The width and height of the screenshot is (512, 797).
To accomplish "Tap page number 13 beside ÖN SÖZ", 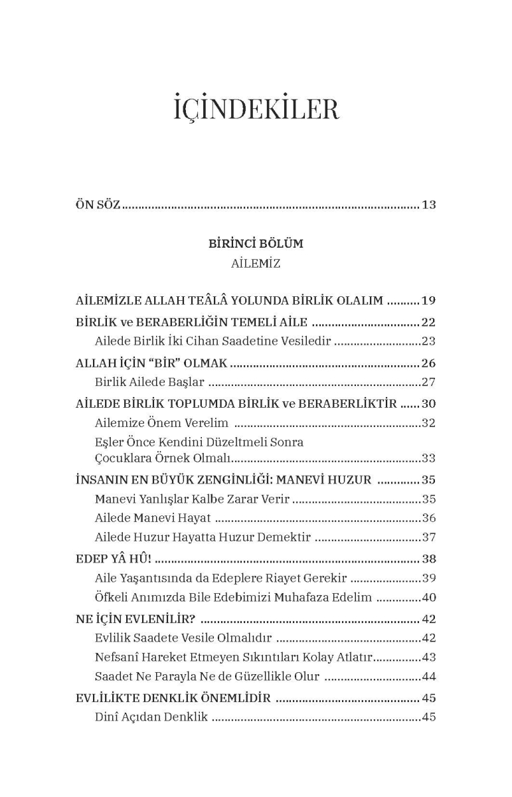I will [428, 205].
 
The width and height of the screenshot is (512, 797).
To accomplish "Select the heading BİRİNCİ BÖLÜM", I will [256, 244].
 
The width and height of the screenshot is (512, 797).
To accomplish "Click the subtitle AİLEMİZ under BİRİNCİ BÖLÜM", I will [256, 264].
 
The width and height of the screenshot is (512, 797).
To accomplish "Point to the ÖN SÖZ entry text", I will [98, 205].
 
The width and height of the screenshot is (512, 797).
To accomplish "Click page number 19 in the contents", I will [428, 301].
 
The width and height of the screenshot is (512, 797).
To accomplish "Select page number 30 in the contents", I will [428, 404].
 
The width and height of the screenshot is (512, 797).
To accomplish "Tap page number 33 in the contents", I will [428, 458].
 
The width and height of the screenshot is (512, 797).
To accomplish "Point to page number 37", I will [428, 537].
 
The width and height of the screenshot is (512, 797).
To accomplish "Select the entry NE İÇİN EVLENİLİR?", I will [136, 620].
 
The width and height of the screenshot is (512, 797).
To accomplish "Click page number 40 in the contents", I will [428, 598].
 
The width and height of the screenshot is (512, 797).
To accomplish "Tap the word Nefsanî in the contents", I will [117, 658].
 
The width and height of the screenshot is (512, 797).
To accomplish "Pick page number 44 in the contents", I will [428, 677].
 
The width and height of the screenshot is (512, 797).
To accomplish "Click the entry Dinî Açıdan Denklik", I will [151, 717].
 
